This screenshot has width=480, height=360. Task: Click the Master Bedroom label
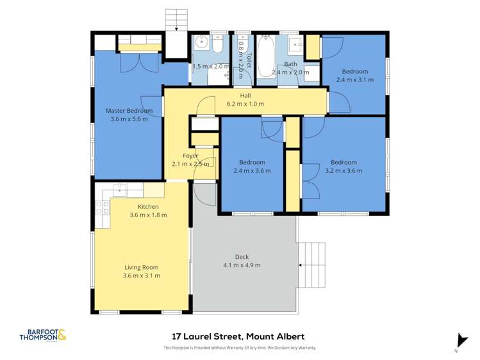[x=129, y=111]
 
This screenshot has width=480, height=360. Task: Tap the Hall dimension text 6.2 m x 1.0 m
[x=245, y=104]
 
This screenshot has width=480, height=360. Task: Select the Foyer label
[x=190, y=156]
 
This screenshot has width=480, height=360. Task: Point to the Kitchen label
[x=148, y=207]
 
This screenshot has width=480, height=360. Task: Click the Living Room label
[x=142, y=267]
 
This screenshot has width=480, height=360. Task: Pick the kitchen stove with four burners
[x=101, y=207]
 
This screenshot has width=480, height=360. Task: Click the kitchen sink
[x=120, y=190]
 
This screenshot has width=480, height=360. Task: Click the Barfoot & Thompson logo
[x=43, y=335]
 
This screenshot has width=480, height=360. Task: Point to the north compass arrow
[x=459, y=341]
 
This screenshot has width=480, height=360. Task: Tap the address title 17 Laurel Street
[x=238, y=336]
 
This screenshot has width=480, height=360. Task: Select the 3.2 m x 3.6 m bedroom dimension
[x=344, y=171]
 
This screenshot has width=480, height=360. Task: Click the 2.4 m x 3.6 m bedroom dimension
[x=252, y=171]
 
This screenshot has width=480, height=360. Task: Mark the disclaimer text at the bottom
[x=240, y=348]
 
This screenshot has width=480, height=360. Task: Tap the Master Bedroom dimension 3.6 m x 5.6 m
[x=129, y=119]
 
